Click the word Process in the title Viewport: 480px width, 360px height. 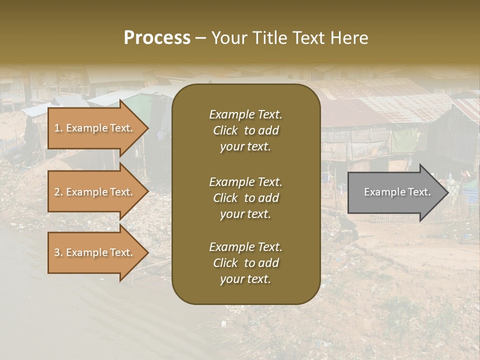pos(157,38)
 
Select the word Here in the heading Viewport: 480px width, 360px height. pos(349,38)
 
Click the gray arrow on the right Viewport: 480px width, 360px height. pos(392,192)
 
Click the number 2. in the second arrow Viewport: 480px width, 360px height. pos(58,192)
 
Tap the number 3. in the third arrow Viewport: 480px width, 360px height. pos(58,252)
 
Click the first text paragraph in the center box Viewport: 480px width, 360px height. pos(245,130)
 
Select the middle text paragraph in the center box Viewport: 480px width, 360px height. pos(245,198)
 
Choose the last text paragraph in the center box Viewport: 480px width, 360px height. pos(245,263)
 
